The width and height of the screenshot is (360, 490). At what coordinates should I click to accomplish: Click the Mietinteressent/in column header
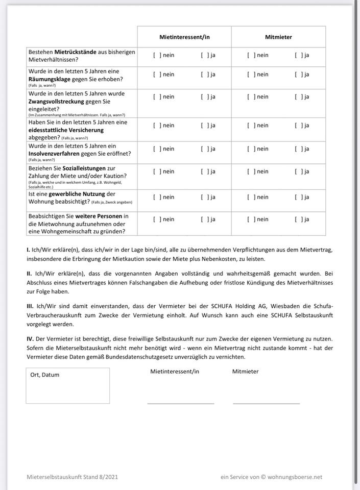[184, 37]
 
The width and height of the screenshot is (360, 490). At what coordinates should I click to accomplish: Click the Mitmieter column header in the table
[278, 37]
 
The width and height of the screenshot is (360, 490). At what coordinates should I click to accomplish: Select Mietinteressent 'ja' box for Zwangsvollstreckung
[205, 97]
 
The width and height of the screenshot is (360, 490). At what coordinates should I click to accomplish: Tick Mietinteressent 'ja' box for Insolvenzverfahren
[205, 149]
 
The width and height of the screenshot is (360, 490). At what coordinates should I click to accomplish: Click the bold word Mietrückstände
[77, 52]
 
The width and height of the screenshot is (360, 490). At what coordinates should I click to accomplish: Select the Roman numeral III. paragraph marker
[30, 306]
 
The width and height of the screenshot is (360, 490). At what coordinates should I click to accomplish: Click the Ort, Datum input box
[67, 386]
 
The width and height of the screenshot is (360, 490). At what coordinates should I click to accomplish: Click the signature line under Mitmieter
[266, 403]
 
